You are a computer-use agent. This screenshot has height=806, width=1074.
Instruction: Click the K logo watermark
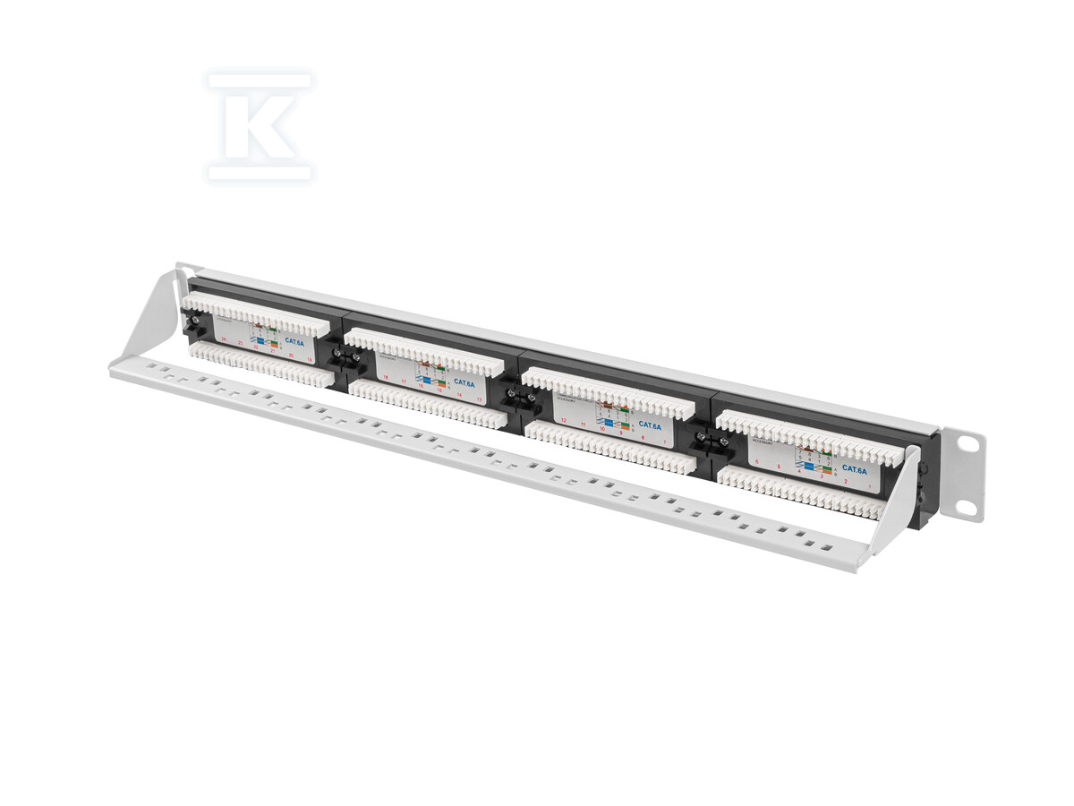[x=260, y=126]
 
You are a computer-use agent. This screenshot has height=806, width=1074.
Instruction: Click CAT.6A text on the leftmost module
[x=294, y=340]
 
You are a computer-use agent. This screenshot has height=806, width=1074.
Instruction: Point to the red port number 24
[x=224, y=339]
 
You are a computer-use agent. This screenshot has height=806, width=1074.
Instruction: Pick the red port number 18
[x=386, y=377]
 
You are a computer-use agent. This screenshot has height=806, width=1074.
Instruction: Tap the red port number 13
[x=479, y=399]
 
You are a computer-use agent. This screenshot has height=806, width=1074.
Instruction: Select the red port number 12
[x=563, y=419]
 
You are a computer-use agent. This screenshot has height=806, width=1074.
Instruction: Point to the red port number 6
[x=757, y=464]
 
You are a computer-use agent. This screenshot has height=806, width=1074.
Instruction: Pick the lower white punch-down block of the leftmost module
[x=260, y=366]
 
